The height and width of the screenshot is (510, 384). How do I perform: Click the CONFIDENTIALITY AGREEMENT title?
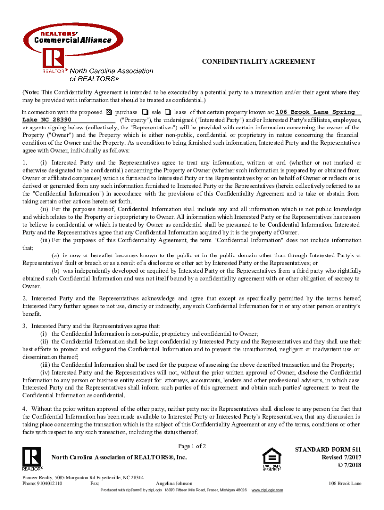(258, 61)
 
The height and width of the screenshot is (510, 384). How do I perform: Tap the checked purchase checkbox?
(110, 112)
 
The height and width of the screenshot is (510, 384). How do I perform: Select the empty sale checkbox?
(145, 112)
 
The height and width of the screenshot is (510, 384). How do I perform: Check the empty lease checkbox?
(168, 112)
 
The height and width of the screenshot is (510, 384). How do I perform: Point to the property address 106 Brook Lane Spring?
(315, 112)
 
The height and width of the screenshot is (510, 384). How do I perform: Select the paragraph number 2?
(24, 298)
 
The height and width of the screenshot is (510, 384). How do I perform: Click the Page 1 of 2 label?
(192, 446)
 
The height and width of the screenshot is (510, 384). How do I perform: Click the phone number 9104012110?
(49, 483)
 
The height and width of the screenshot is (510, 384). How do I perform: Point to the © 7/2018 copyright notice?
(347, 465)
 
